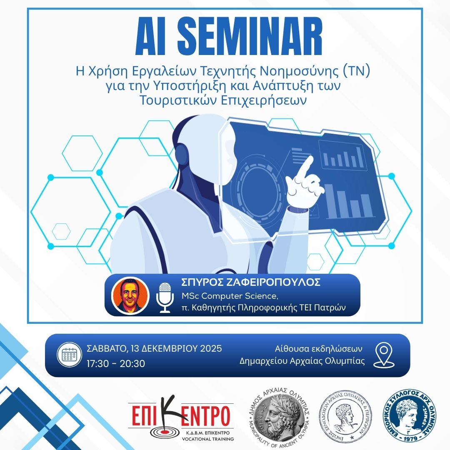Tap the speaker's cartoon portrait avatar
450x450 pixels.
(130, 295)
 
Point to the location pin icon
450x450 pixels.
(384, 355)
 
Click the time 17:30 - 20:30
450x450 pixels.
(116, 363)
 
